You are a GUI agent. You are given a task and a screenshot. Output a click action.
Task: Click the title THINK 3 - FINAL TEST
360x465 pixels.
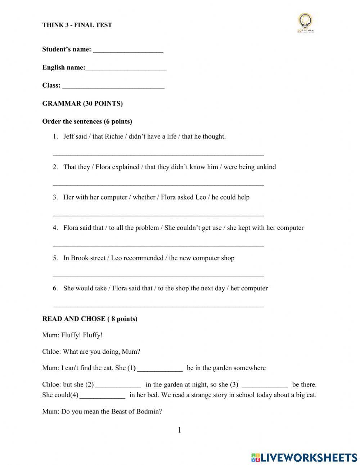77,25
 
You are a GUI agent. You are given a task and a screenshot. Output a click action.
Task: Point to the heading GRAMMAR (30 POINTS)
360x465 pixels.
82,104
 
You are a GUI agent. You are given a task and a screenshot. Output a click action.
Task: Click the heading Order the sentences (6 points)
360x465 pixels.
87,121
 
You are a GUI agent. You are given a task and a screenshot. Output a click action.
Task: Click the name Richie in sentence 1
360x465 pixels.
114,137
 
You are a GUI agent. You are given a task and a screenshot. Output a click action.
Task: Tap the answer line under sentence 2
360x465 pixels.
158,184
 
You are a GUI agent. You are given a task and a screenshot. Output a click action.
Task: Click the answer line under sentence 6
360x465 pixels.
158,306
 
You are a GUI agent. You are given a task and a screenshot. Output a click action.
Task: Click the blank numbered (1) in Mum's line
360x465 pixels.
160,369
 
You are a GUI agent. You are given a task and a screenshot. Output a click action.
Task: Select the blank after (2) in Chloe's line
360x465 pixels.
118,385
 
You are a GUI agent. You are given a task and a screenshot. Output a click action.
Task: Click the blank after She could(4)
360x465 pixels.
102,396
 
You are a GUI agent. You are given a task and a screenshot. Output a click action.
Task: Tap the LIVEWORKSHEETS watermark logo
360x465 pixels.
304,457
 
